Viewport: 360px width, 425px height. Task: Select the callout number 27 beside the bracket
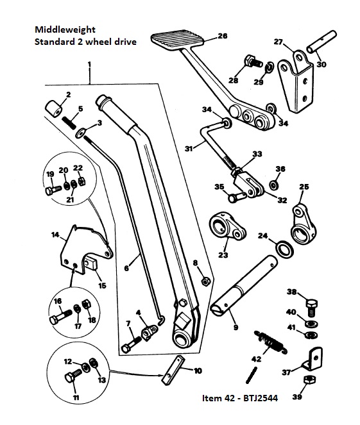point(278,42)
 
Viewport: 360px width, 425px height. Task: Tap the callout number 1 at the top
point(89,64)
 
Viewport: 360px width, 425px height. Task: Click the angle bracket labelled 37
point(314,356)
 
